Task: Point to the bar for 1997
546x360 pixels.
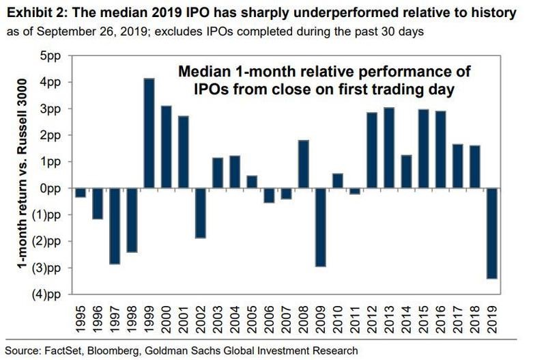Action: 115,225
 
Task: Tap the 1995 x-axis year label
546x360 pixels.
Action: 81,322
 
